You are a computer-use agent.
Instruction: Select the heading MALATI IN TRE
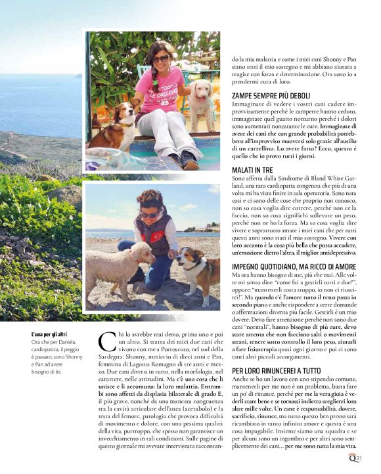(x=252, y=170)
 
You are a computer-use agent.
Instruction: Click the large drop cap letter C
(x=106, y=343)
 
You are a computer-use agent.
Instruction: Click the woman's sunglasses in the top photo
(x=160, y=59)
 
